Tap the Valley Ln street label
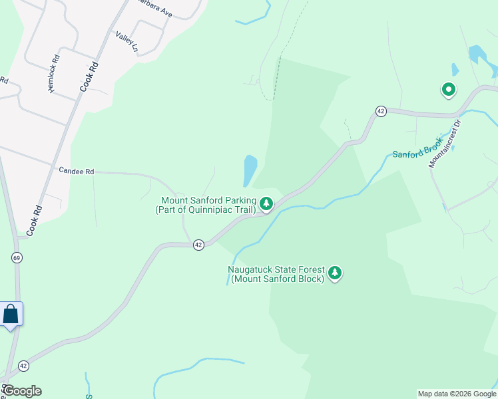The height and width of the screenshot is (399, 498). click(126, 42)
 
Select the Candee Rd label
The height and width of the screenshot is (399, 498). click(77, 171)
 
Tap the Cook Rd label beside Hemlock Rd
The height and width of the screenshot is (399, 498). click(89, 76)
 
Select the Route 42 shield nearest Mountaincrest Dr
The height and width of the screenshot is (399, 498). click(380, 111)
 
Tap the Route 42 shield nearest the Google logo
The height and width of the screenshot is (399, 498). click(24, 366)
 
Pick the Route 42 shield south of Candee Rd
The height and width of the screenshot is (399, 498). click(198, 245)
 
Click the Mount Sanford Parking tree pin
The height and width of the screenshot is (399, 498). click(266, 203)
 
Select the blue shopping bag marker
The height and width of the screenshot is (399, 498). click(11, 313)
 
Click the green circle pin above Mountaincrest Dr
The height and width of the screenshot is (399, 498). click(449, 88)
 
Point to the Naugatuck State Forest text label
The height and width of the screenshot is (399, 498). click(276, 274)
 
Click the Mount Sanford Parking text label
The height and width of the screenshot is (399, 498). click(206, 205)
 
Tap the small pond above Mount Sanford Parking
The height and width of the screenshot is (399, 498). click(250, 170)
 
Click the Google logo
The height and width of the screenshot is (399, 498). click(21, 391)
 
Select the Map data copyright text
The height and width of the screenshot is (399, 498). click(457, 394)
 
